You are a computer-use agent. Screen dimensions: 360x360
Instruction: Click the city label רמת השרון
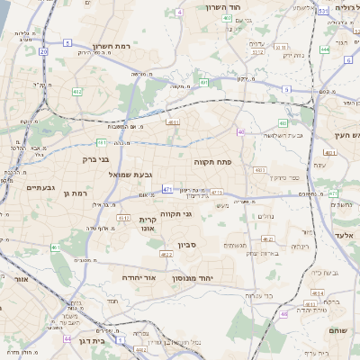click(112, 45)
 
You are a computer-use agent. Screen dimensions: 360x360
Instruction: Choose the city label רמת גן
click(80, 193)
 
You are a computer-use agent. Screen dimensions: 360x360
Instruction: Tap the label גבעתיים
click(40, 187)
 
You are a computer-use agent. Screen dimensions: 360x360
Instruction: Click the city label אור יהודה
click(162, 278)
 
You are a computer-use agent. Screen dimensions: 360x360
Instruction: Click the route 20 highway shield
click(45, 52)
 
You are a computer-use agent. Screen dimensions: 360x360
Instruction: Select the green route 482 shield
click(77, 91)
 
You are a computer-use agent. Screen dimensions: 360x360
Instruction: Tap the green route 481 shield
click(102, 142)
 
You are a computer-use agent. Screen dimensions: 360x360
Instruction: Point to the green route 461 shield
click(55, 247)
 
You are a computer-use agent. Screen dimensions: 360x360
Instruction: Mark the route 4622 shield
click(166, 256)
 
